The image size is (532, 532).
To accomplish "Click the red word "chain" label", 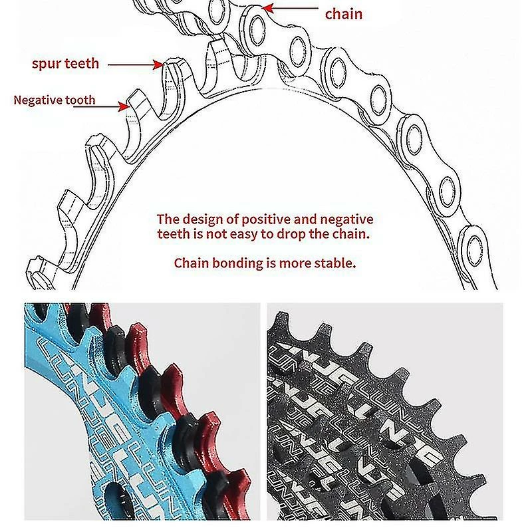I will (344, 13).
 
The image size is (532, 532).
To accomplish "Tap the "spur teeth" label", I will (65, 64).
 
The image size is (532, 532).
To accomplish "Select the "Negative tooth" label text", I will (54, 101).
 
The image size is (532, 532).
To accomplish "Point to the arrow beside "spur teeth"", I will (136, 65).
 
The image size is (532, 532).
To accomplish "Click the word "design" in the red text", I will (202, 219).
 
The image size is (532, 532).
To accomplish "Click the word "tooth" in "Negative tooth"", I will (80, 101).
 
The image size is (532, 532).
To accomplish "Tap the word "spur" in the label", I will (47, 64).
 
